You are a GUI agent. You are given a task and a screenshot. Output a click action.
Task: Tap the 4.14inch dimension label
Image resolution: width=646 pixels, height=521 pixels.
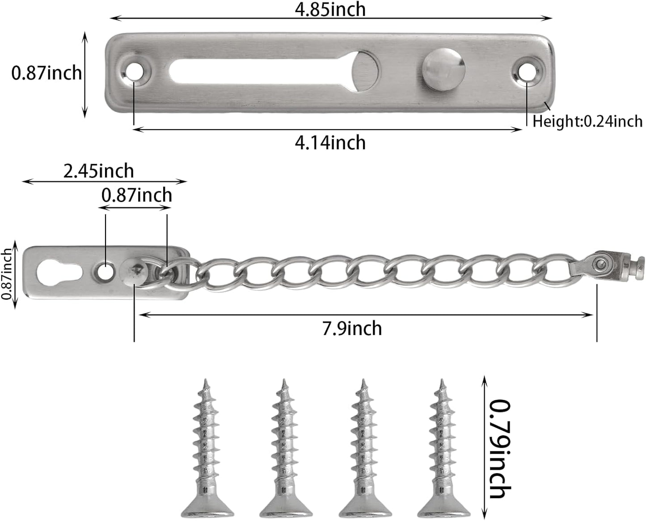point(330,143)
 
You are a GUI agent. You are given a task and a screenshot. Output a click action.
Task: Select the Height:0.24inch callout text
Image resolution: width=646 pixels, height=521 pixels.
point(587,122)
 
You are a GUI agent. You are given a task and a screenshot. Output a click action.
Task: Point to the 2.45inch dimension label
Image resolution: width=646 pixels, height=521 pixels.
point(98,171)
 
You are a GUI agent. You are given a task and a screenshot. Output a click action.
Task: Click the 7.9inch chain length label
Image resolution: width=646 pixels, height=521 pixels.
point(352,328)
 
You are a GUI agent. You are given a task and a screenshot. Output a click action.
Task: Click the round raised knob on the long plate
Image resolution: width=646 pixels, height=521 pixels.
point(443,70)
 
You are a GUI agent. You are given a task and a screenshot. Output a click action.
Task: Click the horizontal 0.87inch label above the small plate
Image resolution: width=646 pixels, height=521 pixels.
point(137,195)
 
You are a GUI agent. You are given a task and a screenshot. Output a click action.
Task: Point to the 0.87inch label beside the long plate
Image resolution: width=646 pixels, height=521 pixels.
point(46,73)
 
